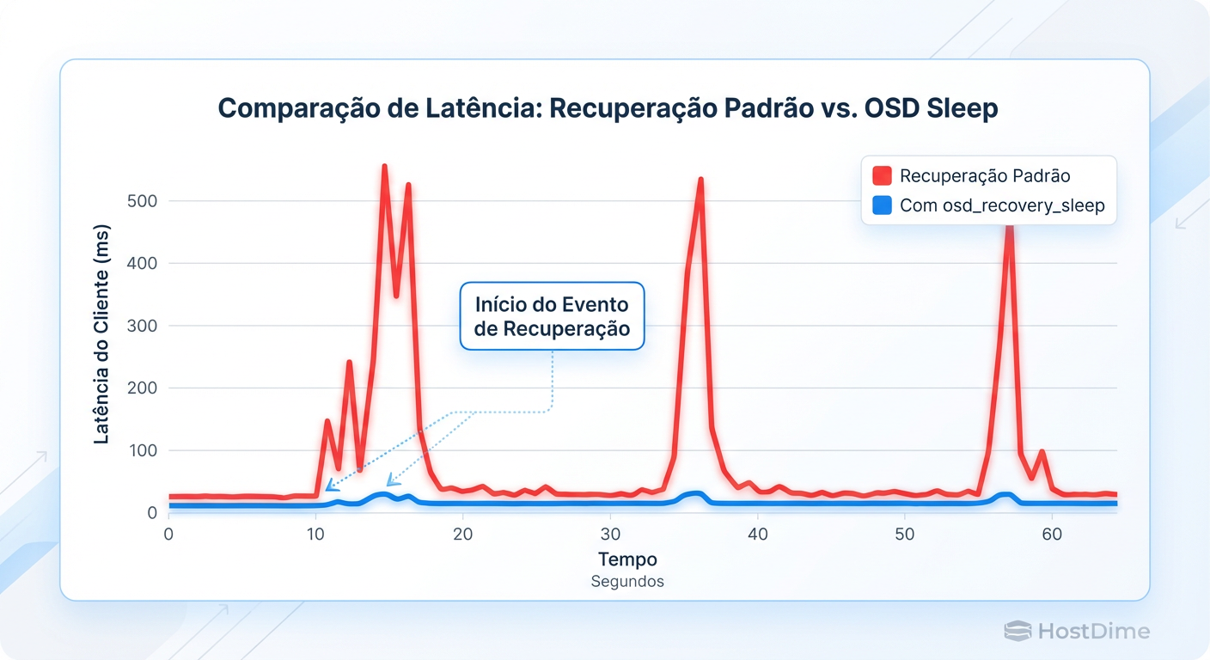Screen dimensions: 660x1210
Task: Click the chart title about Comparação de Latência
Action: click(607, 108)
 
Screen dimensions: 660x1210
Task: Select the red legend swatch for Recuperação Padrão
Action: click(882, 176)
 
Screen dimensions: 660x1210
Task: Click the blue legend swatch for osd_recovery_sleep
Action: click(882, 206)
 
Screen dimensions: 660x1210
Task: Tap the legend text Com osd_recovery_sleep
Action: click(1002, 206)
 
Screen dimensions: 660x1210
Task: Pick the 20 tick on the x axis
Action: click(463, 534)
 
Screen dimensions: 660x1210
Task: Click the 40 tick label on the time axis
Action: click(758, 534)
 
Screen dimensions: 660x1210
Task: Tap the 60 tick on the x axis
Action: click(1052, 534)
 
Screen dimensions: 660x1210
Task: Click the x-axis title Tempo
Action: click(627, 559)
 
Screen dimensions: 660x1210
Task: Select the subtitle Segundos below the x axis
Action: click(627, 582)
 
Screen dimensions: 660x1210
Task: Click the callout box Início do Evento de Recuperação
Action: click(552, 316)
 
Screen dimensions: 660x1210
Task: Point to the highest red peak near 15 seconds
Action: click(384, 167)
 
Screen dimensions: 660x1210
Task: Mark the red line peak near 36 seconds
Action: click(701, 180)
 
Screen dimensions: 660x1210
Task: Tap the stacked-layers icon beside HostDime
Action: click(1017, 632)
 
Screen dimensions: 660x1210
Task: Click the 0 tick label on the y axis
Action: click(151, 513)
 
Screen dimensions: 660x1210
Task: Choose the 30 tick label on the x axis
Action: click(610, 534)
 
